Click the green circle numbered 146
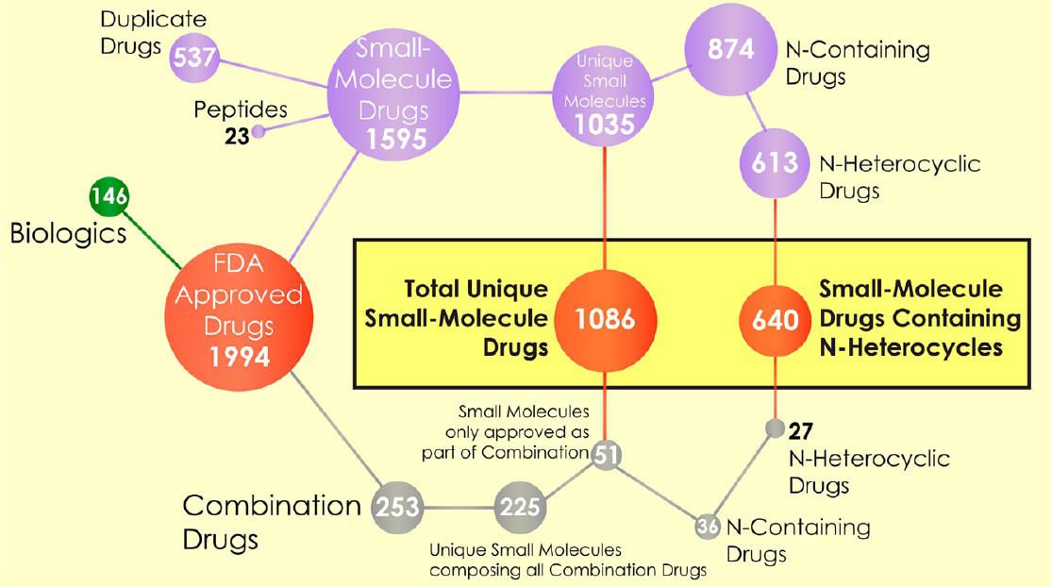click(x=109, y=196)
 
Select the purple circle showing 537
click(x=194, y=57)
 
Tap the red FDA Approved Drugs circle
click(x=239, y=317)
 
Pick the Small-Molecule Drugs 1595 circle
click(x=393, y=94)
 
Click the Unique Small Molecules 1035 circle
click(x=604, y=94)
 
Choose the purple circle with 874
click(x=730, y=49)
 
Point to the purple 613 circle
click(x=775, y=163)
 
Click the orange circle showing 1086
click(x=605, y=320)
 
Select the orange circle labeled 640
click(x=775, y=320)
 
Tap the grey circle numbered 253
click(x=398, y=507)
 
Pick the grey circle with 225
click(x=520, y=507)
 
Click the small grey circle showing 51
click(x=606, y=456)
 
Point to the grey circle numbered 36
click(x=708, y=527)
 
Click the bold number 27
click(x=801, y=430)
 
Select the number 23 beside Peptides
click(x=237, y=136)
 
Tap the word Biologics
click(x=69, y=234)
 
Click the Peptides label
click(x=241, y=110)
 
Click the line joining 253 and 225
click(x=459, y=508)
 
